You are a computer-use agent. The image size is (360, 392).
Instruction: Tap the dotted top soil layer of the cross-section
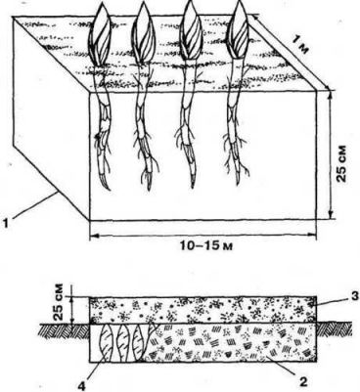205,307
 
